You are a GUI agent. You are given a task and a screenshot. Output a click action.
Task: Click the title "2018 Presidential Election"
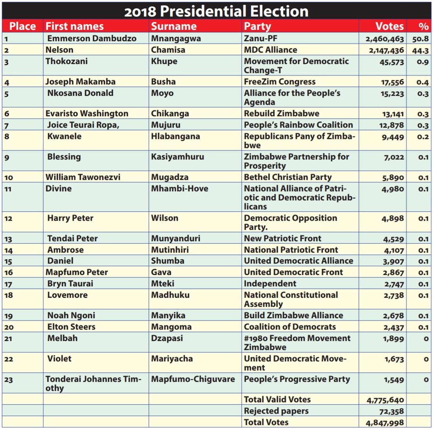(x=216, y=11)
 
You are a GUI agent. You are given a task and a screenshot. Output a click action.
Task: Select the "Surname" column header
(x=174, y=26)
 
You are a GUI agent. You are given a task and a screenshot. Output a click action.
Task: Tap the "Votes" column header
(x=389, y=26)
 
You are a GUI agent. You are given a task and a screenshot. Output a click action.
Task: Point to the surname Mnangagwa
(x=176, y=38)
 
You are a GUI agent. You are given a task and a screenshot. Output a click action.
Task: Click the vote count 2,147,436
(x=384, y=50)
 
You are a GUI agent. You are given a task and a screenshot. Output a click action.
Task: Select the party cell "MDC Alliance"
(x=270, y=50)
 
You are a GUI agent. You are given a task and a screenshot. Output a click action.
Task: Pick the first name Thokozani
(x=66, y=61)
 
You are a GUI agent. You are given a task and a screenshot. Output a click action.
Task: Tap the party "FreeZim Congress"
(x=279, y=82)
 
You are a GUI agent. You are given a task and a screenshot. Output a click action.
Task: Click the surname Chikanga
(x=170, y=114)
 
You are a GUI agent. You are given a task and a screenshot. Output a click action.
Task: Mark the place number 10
(x=9, y=178)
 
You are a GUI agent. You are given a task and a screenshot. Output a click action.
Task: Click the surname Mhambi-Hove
(x=180, y=189)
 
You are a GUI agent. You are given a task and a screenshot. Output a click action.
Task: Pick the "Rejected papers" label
(x=276, y=411)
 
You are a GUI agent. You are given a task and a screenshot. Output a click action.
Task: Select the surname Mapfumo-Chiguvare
(x=193, y=379)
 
